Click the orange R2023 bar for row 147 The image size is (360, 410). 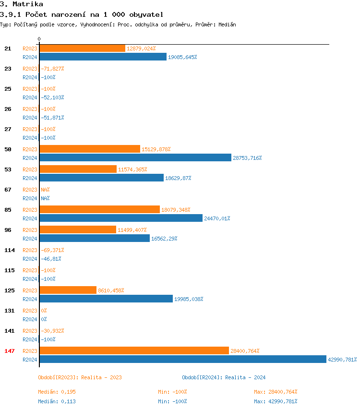click(x=134, y=350)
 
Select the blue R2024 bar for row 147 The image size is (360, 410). click(x=182, y=359)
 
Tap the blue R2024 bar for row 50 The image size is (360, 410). click(x=135, y=157)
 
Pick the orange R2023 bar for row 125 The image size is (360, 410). click(x=68, y=290)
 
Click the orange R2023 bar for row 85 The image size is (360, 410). click(x=99, y=209)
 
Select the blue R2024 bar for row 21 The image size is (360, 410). click(x=103, y=57)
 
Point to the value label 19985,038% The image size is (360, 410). click(x=189, y=299)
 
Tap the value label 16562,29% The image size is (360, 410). click(x=165, y=239)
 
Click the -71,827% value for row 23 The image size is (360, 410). click(x=52, y=69)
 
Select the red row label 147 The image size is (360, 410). click(x=10, y=351)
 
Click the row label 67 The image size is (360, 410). click(x=8, y=190)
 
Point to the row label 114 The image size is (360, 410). click(x=10, y=250)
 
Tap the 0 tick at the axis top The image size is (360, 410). click(x=39, y=39)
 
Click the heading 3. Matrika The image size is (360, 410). click(x=18, y=4)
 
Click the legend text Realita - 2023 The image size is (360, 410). click(x=101, y=377)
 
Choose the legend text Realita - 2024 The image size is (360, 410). click(x=245, y=377)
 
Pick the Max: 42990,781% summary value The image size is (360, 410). click(x=276, y=401)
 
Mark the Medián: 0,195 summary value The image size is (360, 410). click(x=57, y=392)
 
